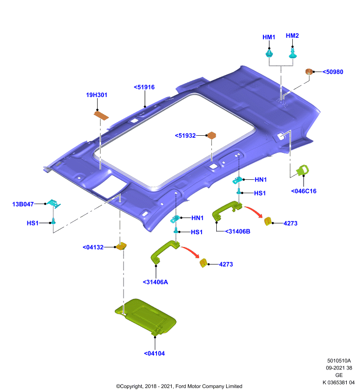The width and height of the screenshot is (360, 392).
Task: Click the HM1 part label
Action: pyautogui.click(x=269, y=37)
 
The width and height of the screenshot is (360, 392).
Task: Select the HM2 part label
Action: pyautogui.click(x=292, y=36)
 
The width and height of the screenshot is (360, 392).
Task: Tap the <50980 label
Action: pyautogui.click(x=333, y=72)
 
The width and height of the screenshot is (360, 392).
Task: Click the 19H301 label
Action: pyautogui.click(x=97, y=95)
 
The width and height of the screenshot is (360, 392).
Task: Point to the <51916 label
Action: pyautogui.click(x=144, y=87)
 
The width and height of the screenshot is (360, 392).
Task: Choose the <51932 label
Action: pyautogui.click(x=185, y=136)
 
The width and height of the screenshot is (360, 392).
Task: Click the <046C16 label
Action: pyautogui.click(x=304, y=191)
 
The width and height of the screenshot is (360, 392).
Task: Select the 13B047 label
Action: pyautogui.click(x=23, y=204)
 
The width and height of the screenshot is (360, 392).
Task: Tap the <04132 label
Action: pyautogui.click(x=93, y=247)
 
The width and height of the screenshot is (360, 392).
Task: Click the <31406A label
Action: pyautogui.click(x=155, y=282)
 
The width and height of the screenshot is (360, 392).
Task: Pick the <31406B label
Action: pyautogui.click(x=238, y=231)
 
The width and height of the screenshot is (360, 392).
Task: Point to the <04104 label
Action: pyautogui.click(x=154, y=353)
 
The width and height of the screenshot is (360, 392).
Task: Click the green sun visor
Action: pyautogui.click(x=145, y=316)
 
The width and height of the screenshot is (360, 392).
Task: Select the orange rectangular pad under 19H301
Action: pyautogui.click(x=101, y=116)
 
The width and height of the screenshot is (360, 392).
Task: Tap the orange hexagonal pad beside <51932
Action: pyautogui.click(x=212, y=135)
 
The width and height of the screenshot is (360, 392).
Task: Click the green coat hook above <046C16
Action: pyautogui.click(x=303, y=170)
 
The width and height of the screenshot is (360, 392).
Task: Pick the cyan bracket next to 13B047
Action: pyautogui.click(x=53, y=203)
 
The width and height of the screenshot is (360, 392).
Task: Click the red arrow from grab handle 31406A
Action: pyautogui.click(x=191, y=251)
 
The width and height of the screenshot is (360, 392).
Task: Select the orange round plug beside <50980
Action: pyautogui.click(x=309, y=72)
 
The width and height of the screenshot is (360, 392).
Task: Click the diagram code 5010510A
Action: pyautogui.click(x=339, y=361)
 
